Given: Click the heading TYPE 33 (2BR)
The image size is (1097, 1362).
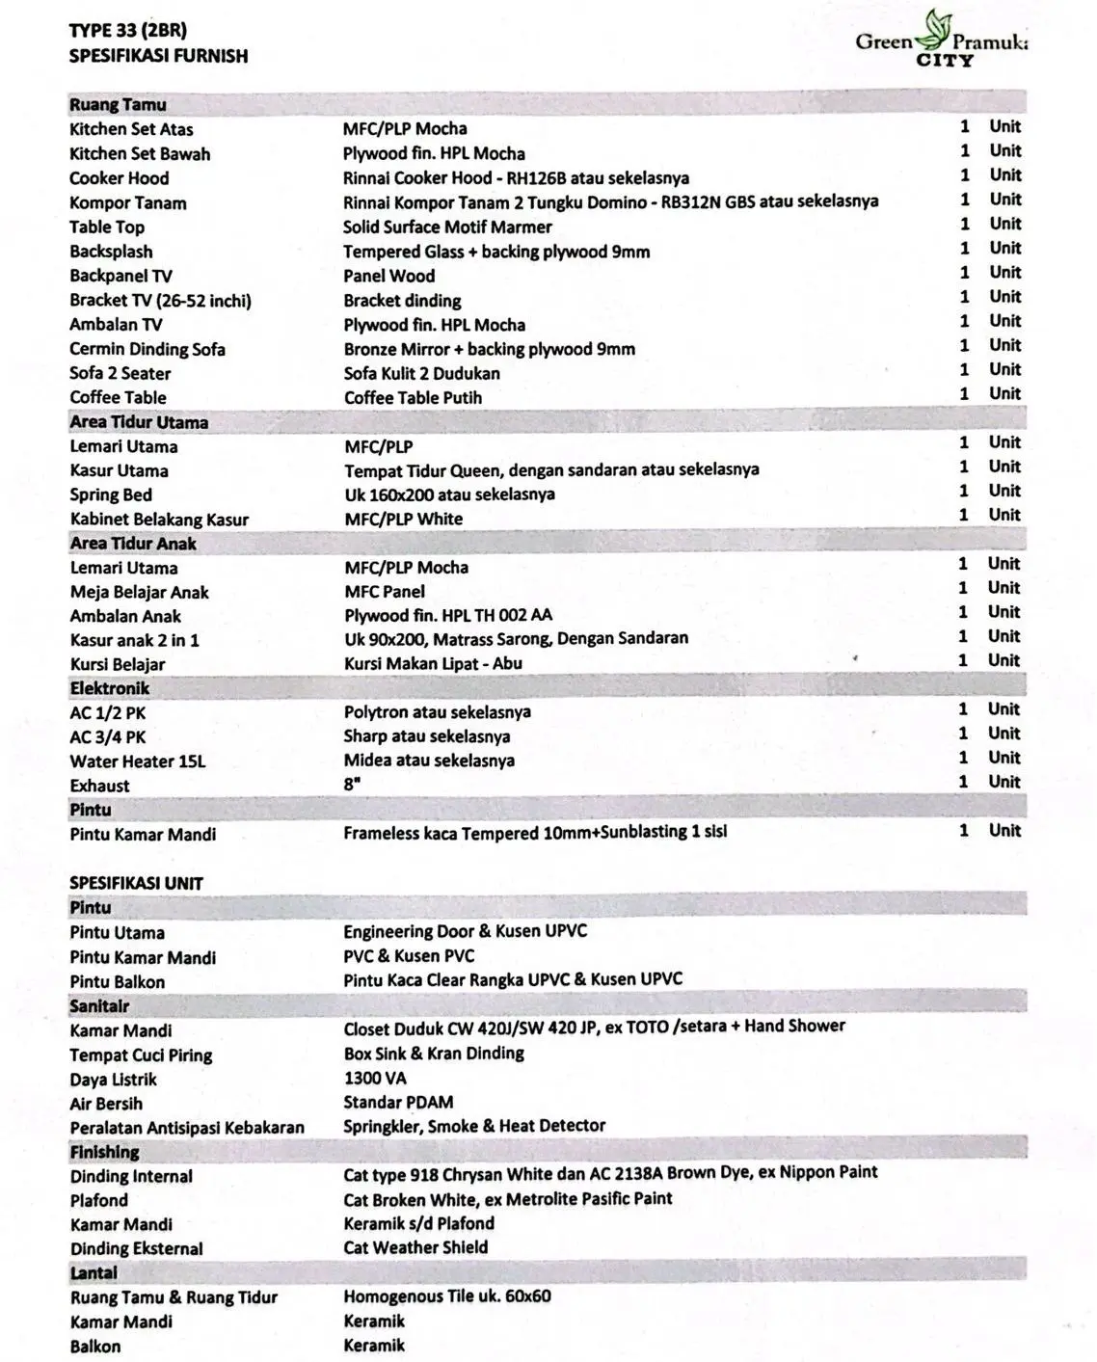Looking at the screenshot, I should [x=128, y=31].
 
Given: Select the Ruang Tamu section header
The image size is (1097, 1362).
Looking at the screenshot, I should [x=118, y=105].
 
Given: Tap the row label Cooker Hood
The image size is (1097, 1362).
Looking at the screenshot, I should [x=119, y=178].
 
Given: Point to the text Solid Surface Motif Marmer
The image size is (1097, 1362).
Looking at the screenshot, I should [x=447, y=227].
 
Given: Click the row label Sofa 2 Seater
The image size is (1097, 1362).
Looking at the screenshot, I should [x=120, y=373].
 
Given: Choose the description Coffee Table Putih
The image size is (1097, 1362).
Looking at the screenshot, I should [x=413, y=397].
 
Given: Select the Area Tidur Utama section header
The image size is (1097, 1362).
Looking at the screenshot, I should [x=139, y=422].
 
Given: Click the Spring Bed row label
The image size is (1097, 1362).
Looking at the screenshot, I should [x=111, y=494].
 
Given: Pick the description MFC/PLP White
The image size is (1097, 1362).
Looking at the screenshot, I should [x=403, y=519].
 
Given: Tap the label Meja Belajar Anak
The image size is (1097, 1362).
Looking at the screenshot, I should [x=139, y=592].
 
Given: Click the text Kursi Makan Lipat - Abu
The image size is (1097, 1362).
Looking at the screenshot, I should [x=433, y=663].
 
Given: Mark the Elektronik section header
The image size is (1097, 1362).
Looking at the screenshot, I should [x=109, y=688].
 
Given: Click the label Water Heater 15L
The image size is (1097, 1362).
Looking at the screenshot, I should [x=137, y=761].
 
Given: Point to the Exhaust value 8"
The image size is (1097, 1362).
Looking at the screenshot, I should [x=352, y=784].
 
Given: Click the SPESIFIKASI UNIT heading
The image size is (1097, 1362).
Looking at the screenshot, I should [x=136, y=883].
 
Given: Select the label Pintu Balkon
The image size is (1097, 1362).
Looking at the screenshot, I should [x=117, y=982].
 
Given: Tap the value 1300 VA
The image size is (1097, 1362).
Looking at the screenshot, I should [x=375, y=1079].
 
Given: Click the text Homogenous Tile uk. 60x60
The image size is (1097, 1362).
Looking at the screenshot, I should [x=447, y=1296].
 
